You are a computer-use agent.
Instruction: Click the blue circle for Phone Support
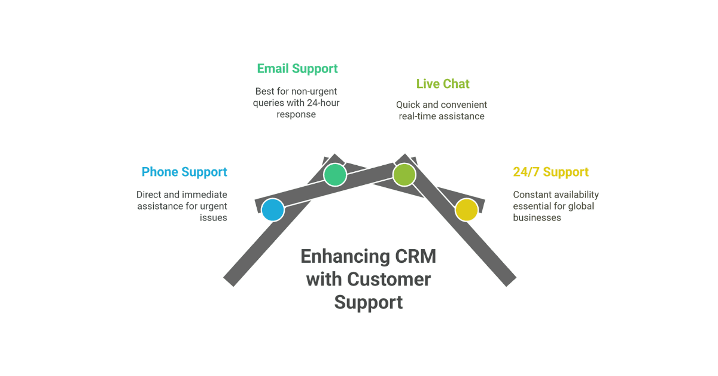(x=273, y=210)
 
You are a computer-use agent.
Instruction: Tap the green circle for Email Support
(x=335, y=175)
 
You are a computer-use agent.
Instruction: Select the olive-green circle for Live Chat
(x=404, y=175)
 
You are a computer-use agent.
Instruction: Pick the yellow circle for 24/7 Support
(x=466, y=210)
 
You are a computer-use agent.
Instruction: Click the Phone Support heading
(x=184, y=172)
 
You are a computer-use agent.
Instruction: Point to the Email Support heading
(x=297, y=69)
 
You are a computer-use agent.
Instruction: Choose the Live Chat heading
(x=443, y=84)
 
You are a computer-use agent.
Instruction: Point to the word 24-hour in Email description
(x=323, y=103)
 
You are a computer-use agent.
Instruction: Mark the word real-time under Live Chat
(x=418, y=116)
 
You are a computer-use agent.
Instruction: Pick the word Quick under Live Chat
(x=409, y=105)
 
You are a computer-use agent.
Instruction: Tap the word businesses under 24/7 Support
(x=537, y=218)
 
